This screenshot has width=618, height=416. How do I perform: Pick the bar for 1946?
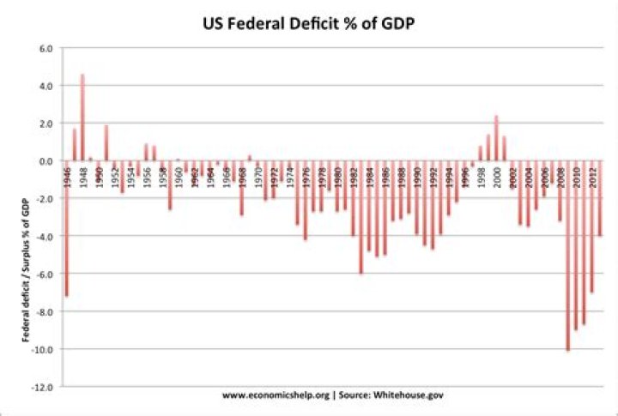(66, 228)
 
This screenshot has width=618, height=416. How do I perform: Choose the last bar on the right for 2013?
(600, 198)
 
